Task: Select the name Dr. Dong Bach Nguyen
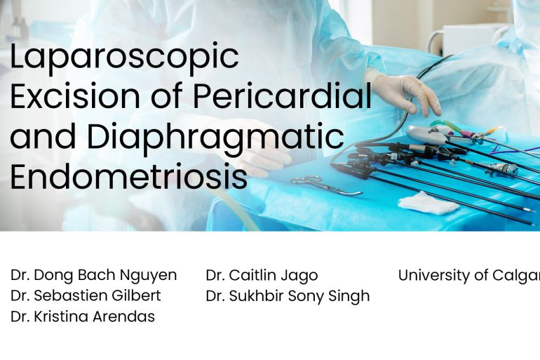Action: tap(94, 275)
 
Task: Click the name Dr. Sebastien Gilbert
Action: tap(86, 295)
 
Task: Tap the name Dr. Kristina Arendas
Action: tap(83, 316)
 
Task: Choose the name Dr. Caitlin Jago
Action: tap(262, 275)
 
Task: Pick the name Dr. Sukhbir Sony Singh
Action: tap(288, 295)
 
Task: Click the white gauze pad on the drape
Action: tap(428, 203)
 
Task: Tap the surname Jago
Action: tap(300, 275)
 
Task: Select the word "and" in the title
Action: tap(36, 138)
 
